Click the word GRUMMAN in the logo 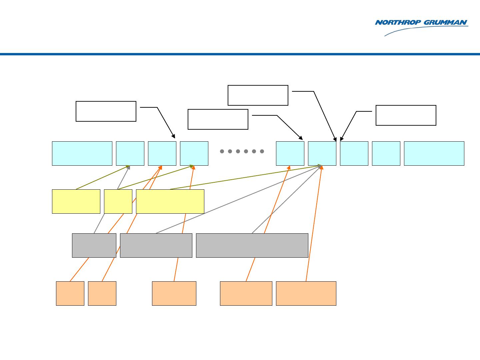point(445,23)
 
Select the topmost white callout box point(258,95)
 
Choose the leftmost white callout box point(106,111)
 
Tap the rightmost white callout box point(406,115)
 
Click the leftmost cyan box point(82,153)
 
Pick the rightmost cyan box point(434,153)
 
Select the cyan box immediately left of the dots point(194,153)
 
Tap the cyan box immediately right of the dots point(290,153)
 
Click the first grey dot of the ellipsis point(222,151)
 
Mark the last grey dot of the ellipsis point(262,151)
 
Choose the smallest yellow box point(118,201)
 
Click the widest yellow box point(170,201)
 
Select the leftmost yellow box point(76,201)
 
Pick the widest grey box point(252,245)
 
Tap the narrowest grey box point(94,245)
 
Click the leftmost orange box point(70,293)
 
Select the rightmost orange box point(306,293)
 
